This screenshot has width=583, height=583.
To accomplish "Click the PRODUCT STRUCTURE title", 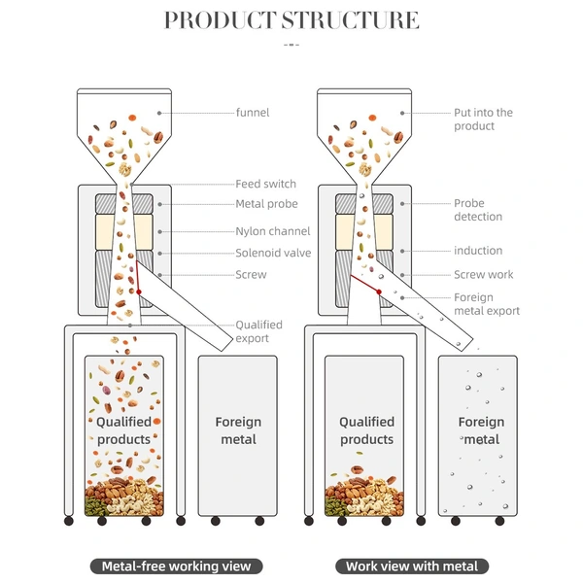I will tap(291, 20).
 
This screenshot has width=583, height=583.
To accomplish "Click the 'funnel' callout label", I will tap(252, 113).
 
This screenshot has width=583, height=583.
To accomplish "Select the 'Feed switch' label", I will tap(265, 184).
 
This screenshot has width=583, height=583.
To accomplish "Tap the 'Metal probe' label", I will tap(266, 204).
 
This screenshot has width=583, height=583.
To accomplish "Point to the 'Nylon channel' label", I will tap(272, 231).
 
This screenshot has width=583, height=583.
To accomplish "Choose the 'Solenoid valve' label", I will tap(273, 253).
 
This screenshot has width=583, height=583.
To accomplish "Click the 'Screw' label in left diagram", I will tap(251, 274).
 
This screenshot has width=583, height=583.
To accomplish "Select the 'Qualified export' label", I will tap(258, 331).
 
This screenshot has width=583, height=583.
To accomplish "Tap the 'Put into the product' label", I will tap(483, 120).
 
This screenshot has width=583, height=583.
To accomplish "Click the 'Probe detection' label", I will tap(478, 210).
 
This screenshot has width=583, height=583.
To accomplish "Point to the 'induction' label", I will tap(478, 251).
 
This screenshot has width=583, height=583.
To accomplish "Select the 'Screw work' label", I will tap(483, 274).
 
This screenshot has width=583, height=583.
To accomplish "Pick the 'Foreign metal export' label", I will tap(487, 304).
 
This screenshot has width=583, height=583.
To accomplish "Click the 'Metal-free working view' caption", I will tap(176, 566).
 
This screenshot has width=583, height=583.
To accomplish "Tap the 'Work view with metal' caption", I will tap(412, 566).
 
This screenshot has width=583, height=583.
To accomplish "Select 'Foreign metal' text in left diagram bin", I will tap(238, 430).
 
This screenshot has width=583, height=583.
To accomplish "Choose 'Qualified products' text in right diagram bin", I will tap(366, 430).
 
